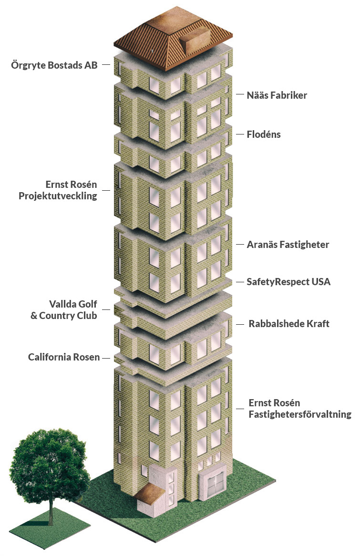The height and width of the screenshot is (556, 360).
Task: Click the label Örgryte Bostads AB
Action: click(x=54, y=65)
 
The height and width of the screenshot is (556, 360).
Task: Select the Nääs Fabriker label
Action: click(x=277, y=95)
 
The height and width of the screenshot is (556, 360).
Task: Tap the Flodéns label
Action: click(x=264, y=134)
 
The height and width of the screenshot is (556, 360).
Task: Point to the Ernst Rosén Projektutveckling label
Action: click(x=71, y=190)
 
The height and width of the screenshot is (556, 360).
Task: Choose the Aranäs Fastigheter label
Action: click(x=288, y=245)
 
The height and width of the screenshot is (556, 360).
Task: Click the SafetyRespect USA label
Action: click(x=288, y=282)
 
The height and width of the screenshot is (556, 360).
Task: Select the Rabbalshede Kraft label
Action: click(x=289, y=324)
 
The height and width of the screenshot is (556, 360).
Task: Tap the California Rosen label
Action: click(x=64, y=357)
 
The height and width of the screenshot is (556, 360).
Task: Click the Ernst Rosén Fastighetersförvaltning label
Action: click(x=299, y=409)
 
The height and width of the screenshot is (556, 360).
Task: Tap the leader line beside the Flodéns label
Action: click(x=240, y=134)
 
